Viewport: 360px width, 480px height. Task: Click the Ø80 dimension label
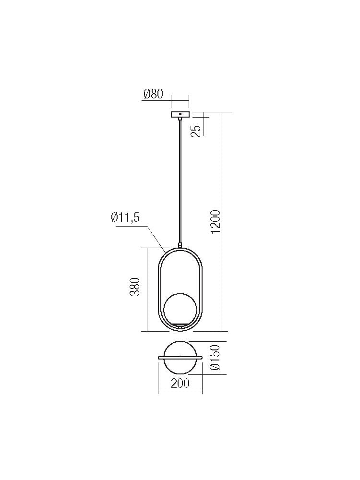(153, 94)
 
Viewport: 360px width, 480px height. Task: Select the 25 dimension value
(196, 131)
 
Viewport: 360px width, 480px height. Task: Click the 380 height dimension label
(135, 287)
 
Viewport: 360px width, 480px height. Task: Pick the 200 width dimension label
(180, 383)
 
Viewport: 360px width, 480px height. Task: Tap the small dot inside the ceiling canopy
(180, 115)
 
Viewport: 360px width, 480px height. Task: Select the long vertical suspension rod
(180, 182)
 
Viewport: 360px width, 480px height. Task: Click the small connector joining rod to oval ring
(180, 245)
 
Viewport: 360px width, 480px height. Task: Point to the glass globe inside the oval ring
(180, 308)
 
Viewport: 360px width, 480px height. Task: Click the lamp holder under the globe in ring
(180, 326)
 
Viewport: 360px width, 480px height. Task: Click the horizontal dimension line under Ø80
(180, 100)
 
